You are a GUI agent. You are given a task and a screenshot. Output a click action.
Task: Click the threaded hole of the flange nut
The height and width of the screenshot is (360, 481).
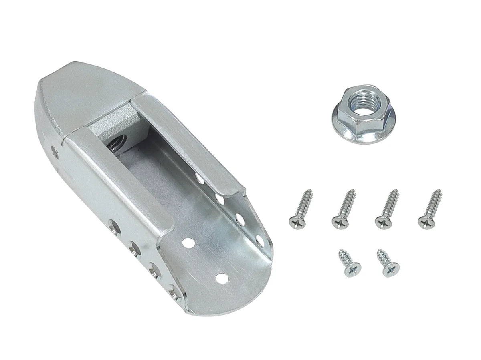coord(358,103)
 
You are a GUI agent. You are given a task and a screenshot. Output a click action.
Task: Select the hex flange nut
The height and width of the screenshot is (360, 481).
coord(357,115)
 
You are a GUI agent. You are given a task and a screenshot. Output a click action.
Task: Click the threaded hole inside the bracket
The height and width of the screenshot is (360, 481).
coord(116,143)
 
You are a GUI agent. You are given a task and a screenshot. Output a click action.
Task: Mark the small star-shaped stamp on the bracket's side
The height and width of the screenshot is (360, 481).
coord(55,151)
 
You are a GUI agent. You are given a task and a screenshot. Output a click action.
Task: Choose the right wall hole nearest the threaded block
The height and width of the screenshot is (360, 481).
coord(198,177)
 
